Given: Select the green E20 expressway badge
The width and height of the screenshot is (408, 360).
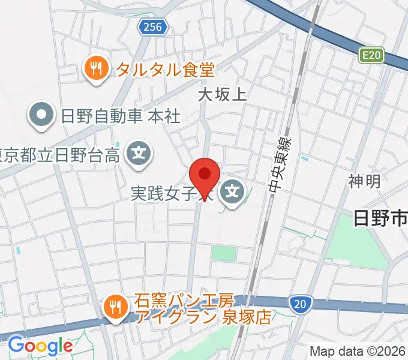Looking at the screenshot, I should click(x=371, y=56).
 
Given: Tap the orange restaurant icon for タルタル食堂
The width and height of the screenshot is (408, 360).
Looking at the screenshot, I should click(x=96, y=70).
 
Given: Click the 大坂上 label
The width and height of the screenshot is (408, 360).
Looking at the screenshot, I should click(x=222, y=94).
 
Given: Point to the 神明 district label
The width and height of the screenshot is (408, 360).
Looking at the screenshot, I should click(x=364, y=181).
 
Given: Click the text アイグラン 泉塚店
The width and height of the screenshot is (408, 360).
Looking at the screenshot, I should click(x=203, y=317).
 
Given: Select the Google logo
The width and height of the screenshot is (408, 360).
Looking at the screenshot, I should click(x=40, y=346).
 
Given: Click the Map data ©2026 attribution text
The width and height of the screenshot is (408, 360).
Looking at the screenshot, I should click(x=358, y=351).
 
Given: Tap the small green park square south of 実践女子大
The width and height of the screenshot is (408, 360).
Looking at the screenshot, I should click(x=224, y=253).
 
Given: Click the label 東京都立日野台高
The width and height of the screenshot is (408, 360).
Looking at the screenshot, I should click(x=60, y=155).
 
